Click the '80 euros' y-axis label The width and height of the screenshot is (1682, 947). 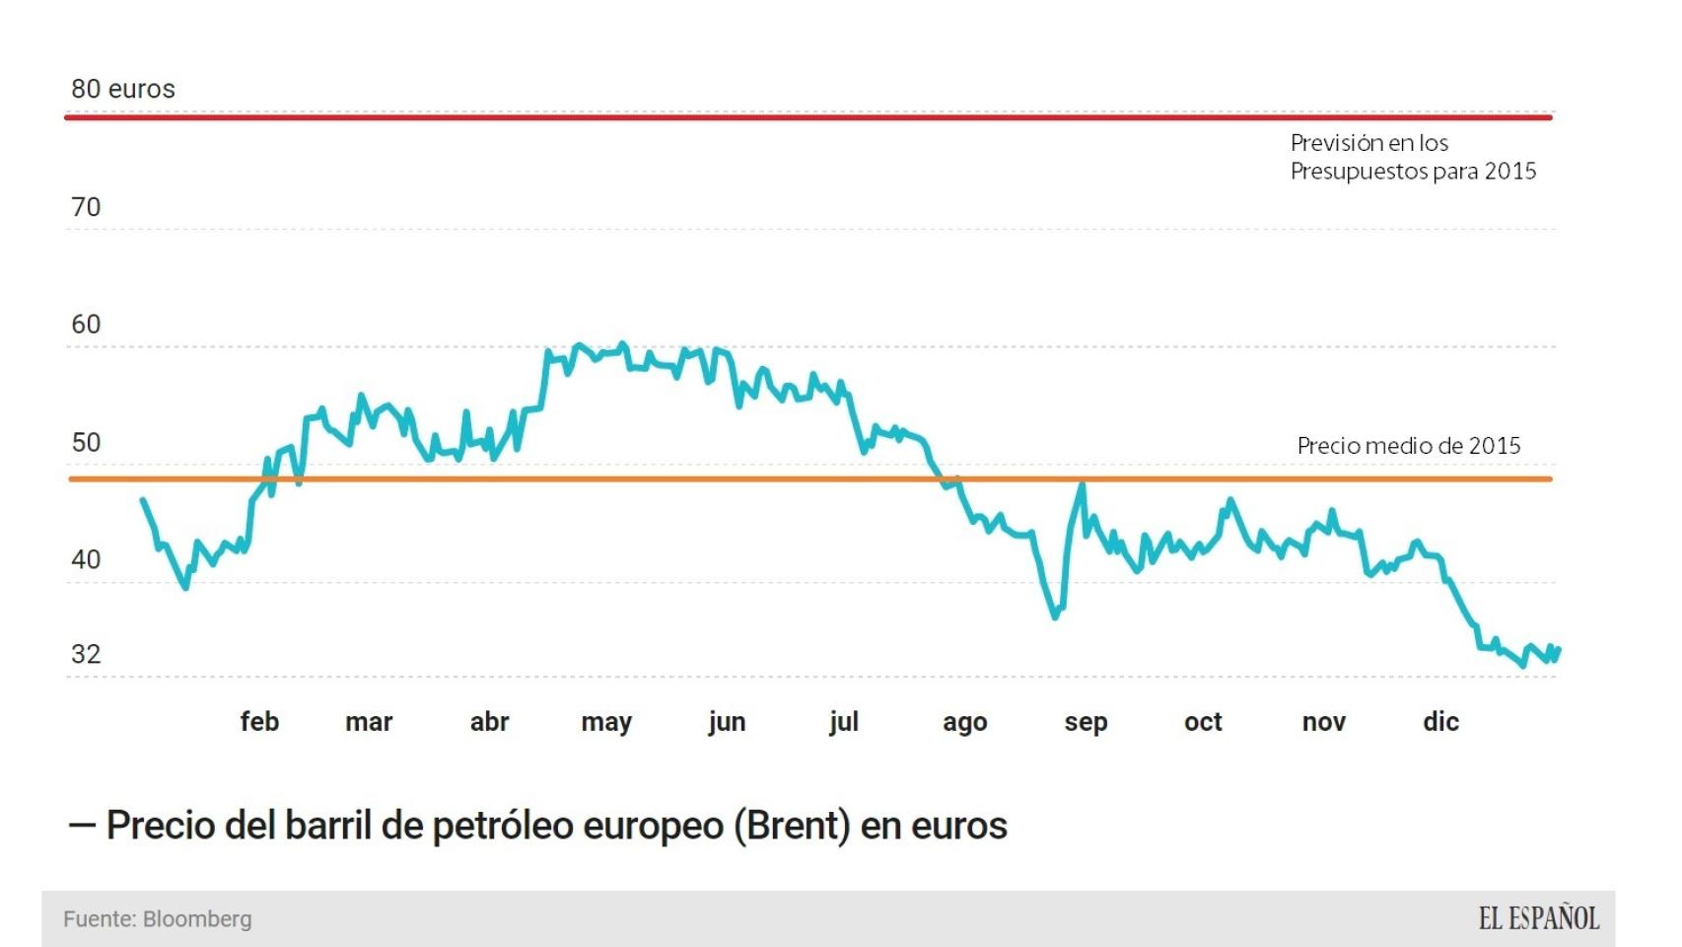click(122, 89)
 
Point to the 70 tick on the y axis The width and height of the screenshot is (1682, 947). click(86, 207)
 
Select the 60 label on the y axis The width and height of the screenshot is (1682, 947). click(86, 325)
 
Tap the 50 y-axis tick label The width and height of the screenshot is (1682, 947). click(86, 443)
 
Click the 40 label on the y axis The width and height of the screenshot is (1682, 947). click(86, 560)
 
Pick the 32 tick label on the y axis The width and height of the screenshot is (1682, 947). click(86, 655)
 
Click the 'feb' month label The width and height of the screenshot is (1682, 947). click(259, 722)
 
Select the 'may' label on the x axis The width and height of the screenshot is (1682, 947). click(605, 722)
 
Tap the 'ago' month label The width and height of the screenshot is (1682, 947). click(964, 722)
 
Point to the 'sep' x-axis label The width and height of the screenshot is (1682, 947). click(1086, 722)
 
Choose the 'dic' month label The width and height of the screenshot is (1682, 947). click(1440, 722)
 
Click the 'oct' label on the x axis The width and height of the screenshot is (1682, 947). click(1203, 722)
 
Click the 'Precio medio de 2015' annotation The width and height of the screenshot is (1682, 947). click(1408, 446)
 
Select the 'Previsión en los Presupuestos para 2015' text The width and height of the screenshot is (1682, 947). click(1413, 157)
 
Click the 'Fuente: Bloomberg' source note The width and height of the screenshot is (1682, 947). click(158, 919)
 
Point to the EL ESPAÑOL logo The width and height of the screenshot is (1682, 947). click(1538, 919)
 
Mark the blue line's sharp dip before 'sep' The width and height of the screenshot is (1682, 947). click(1055, 617)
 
